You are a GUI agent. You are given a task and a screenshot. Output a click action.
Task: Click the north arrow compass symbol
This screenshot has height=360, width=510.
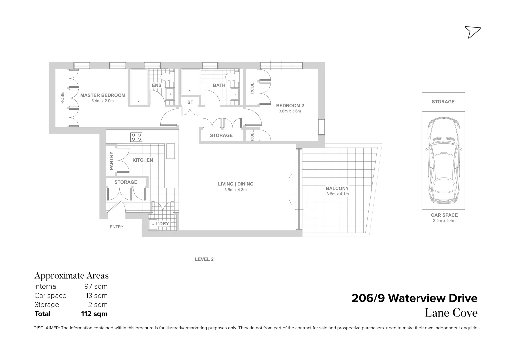(x=472, y=32)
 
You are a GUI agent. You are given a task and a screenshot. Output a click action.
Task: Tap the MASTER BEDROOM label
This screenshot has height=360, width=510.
(x=103, y=95)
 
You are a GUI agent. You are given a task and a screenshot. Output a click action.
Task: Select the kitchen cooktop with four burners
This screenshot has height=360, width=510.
(x=136, y=137)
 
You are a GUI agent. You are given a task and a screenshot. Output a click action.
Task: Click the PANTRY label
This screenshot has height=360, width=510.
(x=112, y=161)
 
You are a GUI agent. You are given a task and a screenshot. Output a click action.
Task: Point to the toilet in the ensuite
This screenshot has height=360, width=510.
(x=166, y=77)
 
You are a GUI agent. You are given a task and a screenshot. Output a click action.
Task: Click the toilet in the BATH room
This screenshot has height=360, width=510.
(x=230, y=77)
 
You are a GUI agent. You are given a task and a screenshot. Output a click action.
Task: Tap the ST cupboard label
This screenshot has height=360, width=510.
(x=190, y=102)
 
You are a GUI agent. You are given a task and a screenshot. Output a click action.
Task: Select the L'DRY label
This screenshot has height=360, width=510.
(x=162, y=224)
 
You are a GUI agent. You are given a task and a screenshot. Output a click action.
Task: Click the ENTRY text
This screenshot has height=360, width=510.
(x=117, y=227)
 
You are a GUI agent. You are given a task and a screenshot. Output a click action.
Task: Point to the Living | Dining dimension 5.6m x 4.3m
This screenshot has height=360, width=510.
(x=236, y=190)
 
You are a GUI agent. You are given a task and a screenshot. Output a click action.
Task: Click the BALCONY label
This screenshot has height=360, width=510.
(x=337, y=188)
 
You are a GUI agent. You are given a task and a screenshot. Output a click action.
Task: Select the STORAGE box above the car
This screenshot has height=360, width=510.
(x=443, y=102)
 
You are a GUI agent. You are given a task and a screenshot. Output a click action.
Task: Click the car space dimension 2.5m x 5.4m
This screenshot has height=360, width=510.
(x=444, y=221)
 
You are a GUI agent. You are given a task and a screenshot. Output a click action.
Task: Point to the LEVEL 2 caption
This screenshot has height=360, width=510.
(x=204, y=259)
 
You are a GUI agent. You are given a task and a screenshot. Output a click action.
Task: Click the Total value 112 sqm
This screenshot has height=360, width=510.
(x=94, y=314)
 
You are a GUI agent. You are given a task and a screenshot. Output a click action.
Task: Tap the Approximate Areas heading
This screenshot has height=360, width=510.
(x=71, y=276)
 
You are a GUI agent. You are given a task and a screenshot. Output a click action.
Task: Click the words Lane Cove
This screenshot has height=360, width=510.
(x=451, y=313)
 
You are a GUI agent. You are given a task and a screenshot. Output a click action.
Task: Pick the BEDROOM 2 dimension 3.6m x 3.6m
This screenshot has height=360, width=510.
(x=290, y=111)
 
